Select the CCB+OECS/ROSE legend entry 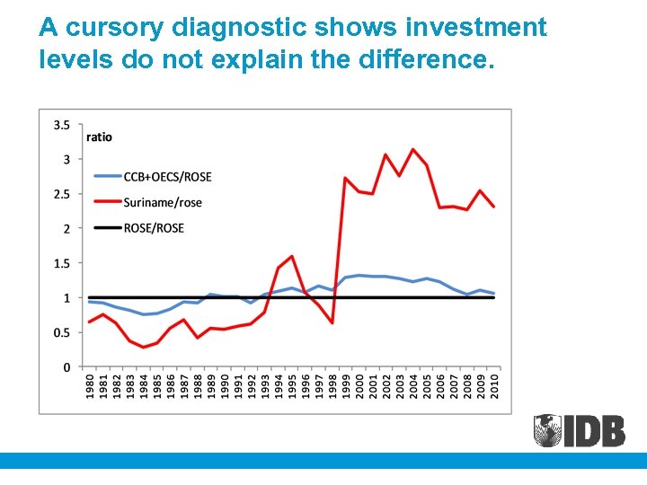168,177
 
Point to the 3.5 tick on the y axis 62,125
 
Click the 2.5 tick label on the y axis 62,194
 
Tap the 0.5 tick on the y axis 62,332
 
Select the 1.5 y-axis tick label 62,263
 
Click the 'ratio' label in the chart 99,137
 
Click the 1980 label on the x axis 89,389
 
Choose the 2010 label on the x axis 494,389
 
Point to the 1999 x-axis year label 346,389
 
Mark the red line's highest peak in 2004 413,149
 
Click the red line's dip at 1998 332,322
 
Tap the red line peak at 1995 292,256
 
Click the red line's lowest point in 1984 143,348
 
